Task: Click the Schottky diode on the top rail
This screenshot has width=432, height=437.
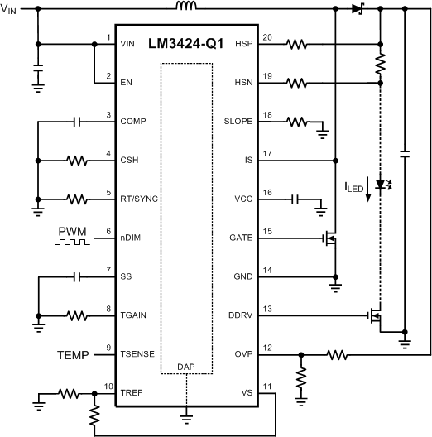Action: pyautogui.click(x=358, y=10)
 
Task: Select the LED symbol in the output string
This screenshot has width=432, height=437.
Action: pyautogui.click(x=382, y=183)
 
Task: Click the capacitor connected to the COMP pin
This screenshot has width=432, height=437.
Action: pyautogui.click(x=77, y=122)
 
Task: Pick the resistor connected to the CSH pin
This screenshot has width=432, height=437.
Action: pyautogui.click(x=77, y=161)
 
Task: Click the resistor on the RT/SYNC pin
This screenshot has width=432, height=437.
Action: pyautogui.click(x=77, y=199)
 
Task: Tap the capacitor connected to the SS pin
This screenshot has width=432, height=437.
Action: pyautogui.click(x=77, y=276)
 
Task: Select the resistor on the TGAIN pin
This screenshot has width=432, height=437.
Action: pyautogui.click(x=77, y=315)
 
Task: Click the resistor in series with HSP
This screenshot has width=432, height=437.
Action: pyautogui.click(x=298, y=44)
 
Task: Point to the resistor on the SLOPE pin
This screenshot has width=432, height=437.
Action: pyautogui.click(x=298, y=122)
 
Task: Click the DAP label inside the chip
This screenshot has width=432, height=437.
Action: pyautogui.click(x=187, y=365)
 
